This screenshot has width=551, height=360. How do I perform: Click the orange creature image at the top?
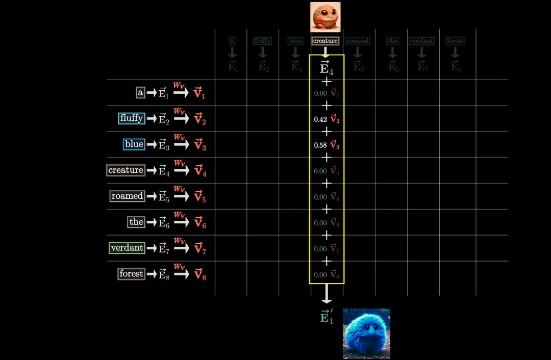pos(325,17)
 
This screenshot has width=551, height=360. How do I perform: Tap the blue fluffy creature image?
pos(366,333)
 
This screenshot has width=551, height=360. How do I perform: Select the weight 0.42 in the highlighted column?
pos(320,119)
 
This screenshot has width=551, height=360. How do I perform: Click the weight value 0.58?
pos(320,145)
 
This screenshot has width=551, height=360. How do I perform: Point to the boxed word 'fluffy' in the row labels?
pos(131,118)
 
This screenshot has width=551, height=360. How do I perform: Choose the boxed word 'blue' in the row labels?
pos(134,144)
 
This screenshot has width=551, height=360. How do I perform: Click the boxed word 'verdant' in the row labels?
pos(127,248)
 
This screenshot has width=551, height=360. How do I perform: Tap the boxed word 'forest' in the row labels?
pos(131,274)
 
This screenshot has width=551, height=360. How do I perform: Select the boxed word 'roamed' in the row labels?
pos(127,196)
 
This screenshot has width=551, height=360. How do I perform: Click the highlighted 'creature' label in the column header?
pos(325,41)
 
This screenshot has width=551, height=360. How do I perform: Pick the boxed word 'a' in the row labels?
pos(140,93)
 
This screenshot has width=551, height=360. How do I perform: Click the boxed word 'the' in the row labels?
pos(136,222)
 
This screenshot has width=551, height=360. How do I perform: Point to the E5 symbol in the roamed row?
pos(163,197)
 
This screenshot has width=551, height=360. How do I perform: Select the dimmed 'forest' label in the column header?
pos(455,41)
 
